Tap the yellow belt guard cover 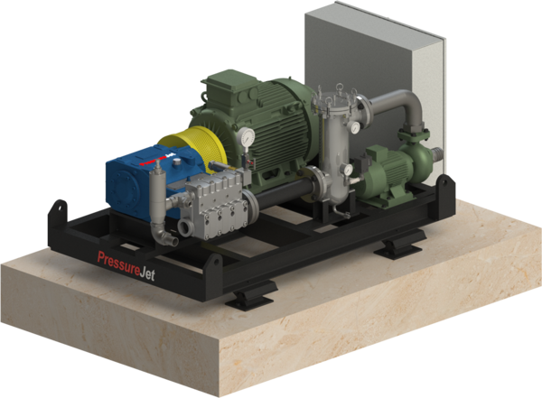pyautogui.click(x=185, y=148)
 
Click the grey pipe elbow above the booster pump pyautogui.click(x=398, y=113)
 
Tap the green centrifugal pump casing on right pyautogui.click(x=418, y=162)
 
